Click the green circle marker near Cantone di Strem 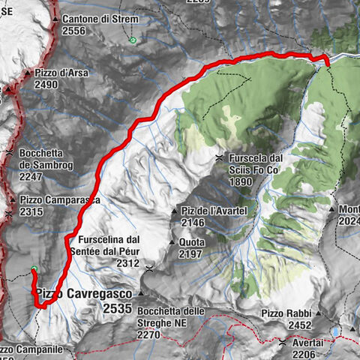133,40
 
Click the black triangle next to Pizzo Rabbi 318,313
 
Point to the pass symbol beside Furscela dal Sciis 218,158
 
